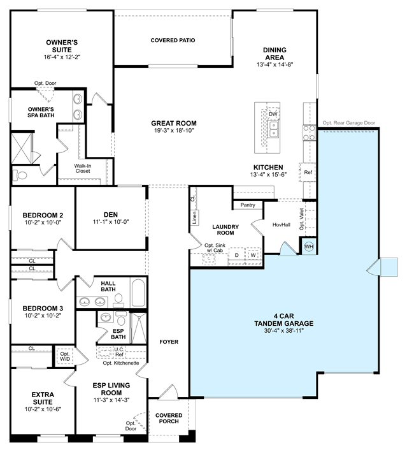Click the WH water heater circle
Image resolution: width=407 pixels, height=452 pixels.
[x=309, y=247]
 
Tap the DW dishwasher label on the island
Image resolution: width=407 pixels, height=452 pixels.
[x=273, y=114]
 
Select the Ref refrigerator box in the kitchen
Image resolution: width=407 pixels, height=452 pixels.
[x=308, y=172]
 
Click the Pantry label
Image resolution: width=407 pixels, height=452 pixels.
[x=248, y=205]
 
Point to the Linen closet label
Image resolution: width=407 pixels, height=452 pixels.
[x=194, y=217]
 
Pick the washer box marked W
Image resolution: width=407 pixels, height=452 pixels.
[x=253, y=255]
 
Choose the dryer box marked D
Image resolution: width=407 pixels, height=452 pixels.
[x=236, y=255]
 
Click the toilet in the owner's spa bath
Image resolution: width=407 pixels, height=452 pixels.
[x=20, y=175]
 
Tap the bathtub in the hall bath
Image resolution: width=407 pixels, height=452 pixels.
[x=138, y=293]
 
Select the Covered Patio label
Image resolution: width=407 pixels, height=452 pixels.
[x=173, y=40]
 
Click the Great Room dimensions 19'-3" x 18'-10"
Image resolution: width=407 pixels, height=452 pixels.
[x=174, y=131]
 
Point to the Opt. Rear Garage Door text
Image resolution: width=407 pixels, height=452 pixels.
[x=349, y=123]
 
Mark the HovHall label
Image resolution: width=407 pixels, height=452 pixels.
[x=282, y=224]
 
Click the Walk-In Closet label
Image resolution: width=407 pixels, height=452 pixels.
[x=83, y=168]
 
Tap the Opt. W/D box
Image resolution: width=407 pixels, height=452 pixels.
[x=65, y=356]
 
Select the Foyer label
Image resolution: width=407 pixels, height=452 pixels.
[x=169, y=342]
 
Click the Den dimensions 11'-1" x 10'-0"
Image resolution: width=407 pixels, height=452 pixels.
[x=111, y=222]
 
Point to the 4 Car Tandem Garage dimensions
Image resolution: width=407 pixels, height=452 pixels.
[x=284, y=331]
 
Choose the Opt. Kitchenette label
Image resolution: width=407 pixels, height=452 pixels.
[x=121, y=363]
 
